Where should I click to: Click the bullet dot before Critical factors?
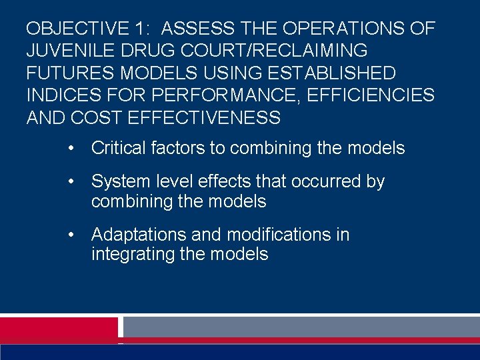click(70, 148)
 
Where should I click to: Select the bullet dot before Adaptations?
click(70, 235)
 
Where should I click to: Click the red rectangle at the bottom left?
click(59, 327)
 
